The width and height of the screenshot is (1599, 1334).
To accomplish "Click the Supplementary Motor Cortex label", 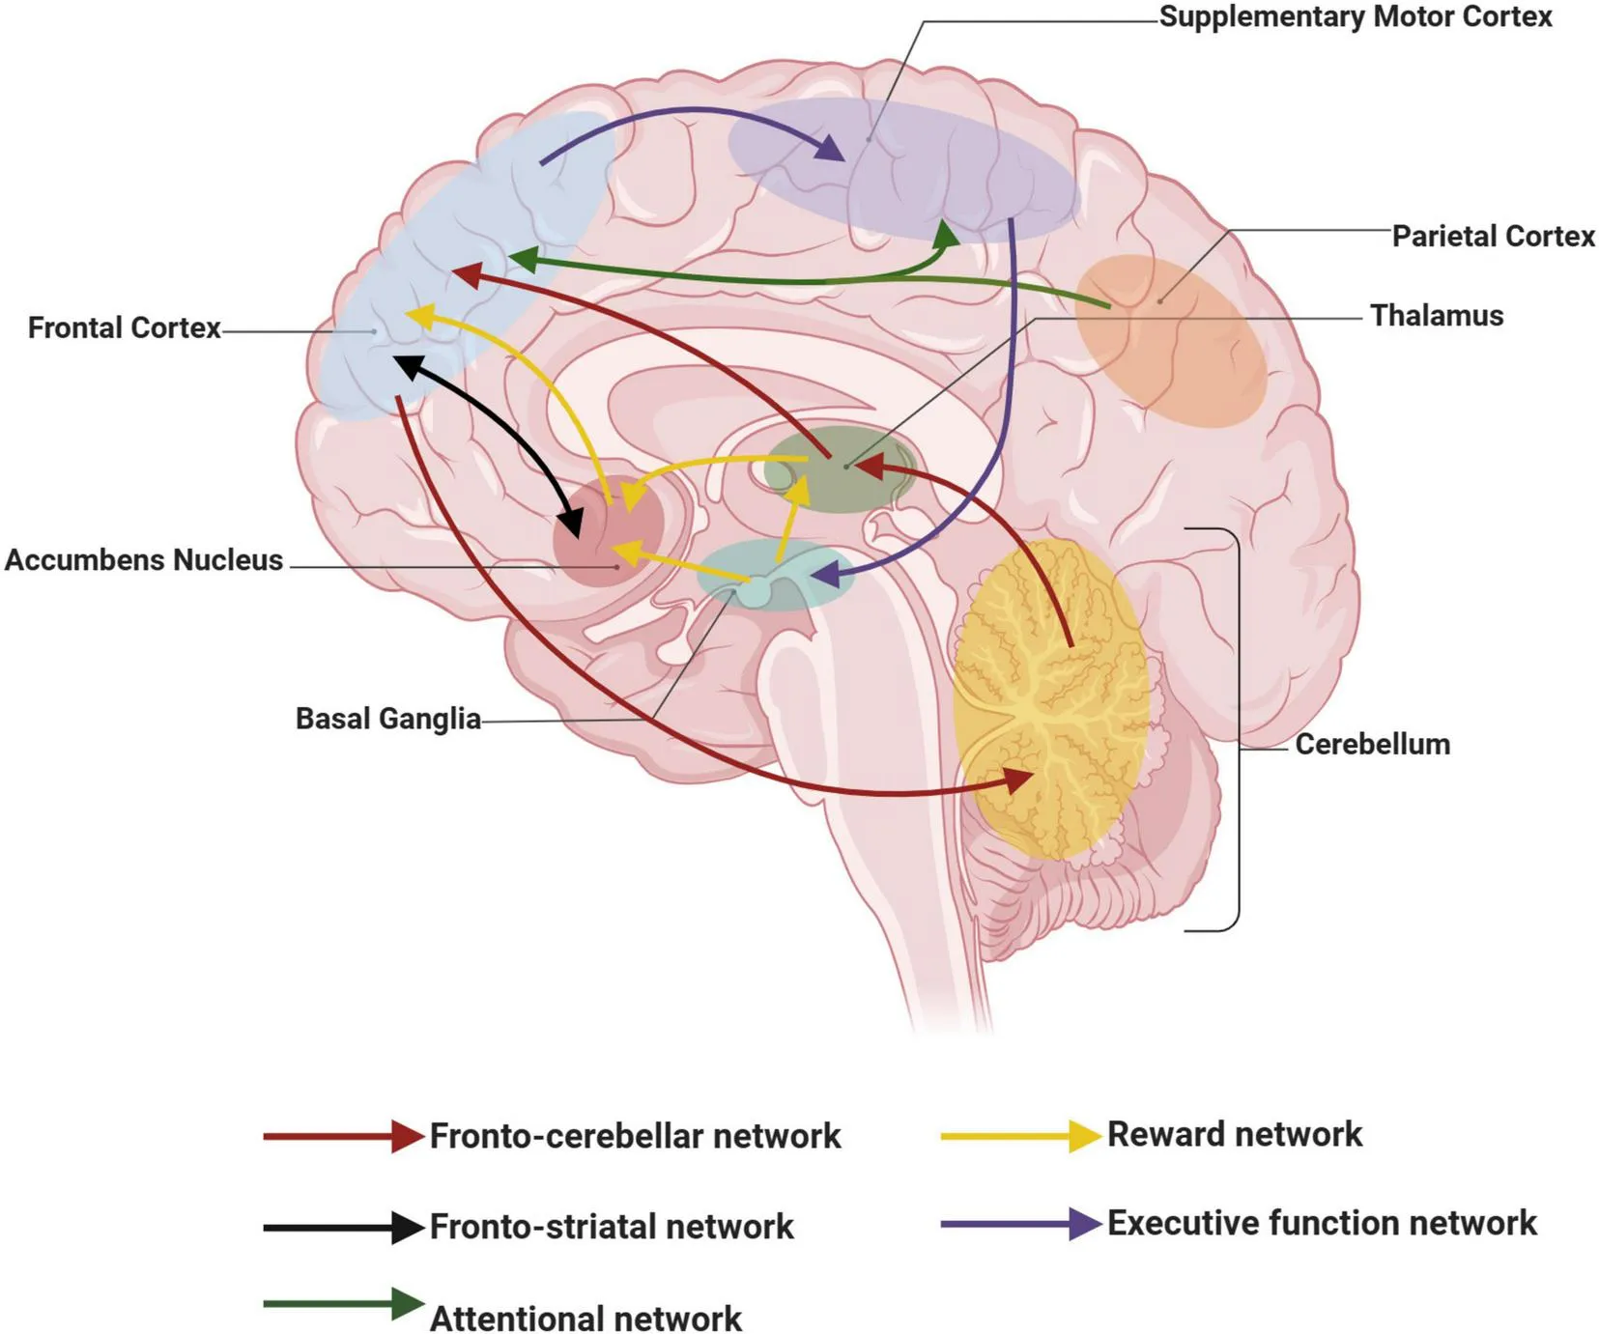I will pyautogui.click(x=1355, y=17).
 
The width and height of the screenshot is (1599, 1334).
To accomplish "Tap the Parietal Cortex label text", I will pyautogui.click(x=1493, y=237).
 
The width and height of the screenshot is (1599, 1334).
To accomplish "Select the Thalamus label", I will pyautogui.click(x=1437, y=316).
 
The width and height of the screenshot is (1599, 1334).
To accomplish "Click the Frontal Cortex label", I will pyautogui.click(x=125, y=328).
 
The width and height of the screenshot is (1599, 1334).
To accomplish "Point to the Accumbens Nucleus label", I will pyautogui.click(x=144, y=560).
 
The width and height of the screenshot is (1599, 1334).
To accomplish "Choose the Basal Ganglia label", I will pyautogui.click(x=387, y=720).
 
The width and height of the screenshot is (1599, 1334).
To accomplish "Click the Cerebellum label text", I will pyautogui.click(x=1372, y=745).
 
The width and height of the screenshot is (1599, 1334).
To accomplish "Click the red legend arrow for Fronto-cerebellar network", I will pyautogui.click(x=343, y=1137).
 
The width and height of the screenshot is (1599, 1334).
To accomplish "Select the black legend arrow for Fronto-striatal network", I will pyautogui.click(x=343, y=1228).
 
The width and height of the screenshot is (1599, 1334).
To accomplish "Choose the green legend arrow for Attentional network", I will pyautogui.click(x=343, y=1304).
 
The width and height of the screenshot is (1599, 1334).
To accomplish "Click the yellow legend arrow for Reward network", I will pyautogui.click(x=1020, y=1136).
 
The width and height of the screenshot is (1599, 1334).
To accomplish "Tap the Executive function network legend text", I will pyautogui.click(x=1321, y=1224).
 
